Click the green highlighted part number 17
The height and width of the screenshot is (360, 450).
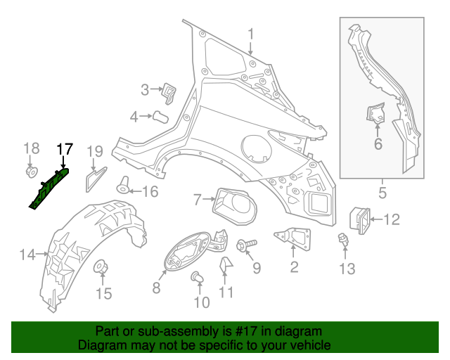click(x=49, y=188)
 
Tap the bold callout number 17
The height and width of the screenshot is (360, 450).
click(x=65, y=150)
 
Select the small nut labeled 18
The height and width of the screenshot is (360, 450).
click(x=31, y=172)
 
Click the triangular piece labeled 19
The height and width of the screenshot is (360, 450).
click(x=96, y=179)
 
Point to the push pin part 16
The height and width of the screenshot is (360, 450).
click(x=123, y=185)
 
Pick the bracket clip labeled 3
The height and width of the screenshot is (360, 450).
click(x=169, y=94)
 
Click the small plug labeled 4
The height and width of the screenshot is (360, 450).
click(x=160, y=117)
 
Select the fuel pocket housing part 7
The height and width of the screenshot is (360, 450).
click(x=234, y=207)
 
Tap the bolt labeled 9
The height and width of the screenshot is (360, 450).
click(x=246, y=245)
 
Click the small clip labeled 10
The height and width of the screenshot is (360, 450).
click(x=197, y=277)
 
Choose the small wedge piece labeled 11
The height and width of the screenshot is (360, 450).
click(x=226, y=264)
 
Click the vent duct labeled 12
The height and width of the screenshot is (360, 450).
click(x=359, y=220)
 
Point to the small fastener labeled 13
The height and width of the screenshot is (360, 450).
click(x=342, y=239)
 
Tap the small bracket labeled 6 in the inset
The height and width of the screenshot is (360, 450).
click(x=376, y=113)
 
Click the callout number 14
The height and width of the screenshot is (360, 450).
click(x=27, y=255)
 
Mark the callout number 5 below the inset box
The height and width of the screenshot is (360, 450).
click(x=382, y=193)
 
